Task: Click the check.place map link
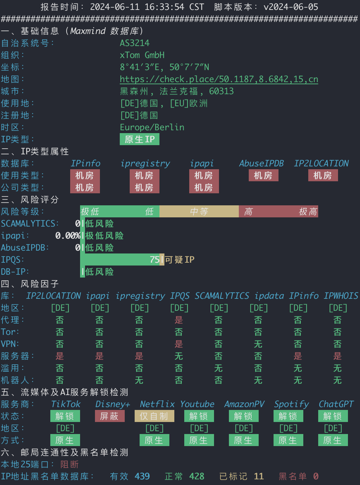[219, 79]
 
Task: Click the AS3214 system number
[135, 43]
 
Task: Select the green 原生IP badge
[139, 139]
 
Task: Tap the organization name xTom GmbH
[142, 55]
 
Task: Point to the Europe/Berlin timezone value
[152, 127]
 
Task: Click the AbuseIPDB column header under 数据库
[261, 163]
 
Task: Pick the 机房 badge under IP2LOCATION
[323, 175]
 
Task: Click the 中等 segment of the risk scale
[199, 211]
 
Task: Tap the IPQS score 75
[154, 259]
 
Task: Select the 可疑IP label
[179, 259]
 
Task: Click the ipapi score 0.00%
[68, 235]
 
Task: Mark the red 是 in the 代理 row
[179, 320]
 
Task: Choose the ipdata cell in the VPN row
[258, 344]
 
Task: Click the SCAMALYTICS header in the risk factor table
[222, 296]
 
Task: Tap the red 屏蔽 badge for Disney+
[109, 416]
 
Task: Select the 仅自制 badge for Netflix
[154, 416]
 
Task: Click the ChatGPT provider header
[336, 404]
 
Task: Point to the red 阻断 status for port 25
[69, 464]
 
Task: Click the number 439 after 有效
[142, 476]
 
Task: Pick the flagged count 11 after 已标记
[259, 476]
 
